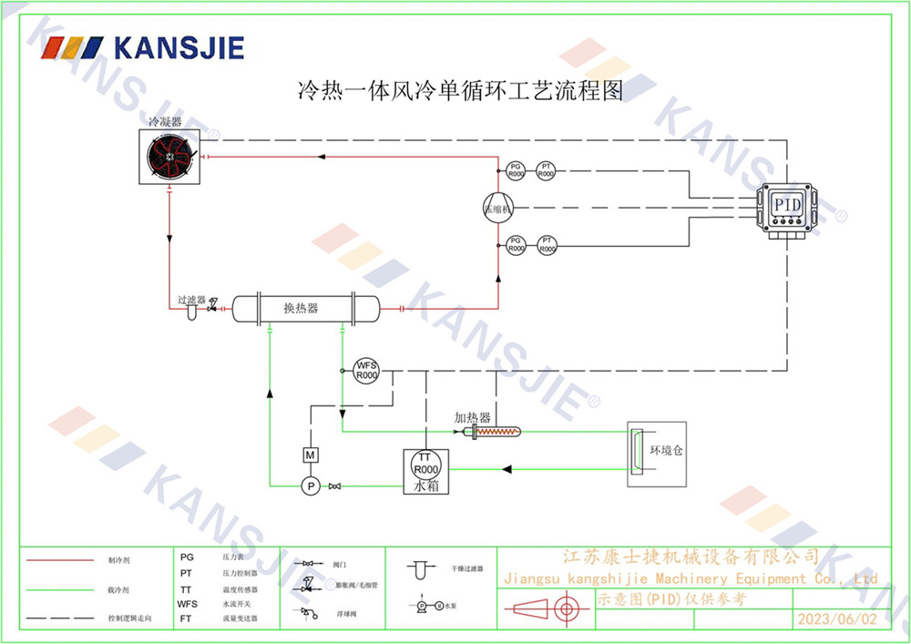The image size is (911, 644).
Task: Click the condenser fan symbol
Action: pos(171,158)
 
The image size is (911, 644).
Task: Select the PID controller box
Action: pos(786,206)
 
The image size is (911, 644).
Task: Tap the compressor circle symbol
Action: pos(498,208)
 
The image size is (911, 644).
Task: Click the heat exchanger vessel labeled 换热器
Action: pos(304,308)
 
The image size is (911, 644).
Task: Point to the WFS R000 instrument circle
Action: pos(366,370)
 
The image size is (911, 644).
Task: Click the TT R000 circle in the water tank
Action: pos(425,463)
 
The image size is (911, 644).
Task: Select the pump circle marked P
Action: pos(310,486)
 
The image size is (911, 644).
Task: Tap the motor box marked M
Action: pos(310,454)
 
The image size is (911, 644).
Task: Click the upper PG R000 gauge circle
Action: pos(516,170)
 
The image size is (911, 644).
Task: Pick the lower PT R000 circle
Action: pos(547,245)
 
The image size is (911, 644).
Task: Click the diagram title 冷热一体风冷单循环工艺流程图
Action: pos(460,91)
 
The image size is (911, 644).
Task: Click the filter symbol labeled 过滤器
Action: pos(192,312)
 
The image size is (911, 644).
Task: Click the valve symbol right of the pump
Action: pos(334,486)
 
